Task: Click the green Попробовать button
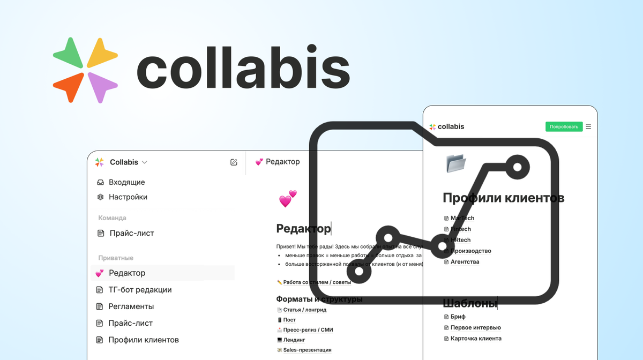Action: click(x=564, y=127)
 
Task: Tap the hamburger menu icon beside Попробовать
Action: click(x=588, y=127)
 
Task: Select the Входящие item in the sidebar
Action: click(x=126, y=182)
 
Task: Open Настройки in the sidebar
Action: click(x=128, y=197)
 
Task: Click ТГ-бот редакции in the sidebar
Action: click(x=140, y=290)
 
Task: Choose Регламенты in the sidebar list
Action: click(x=131, y=306)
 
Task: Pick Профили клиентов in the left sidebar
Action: click(x=143, y=340)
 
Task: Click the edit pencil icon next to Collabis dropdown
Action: click(x=234, y=162)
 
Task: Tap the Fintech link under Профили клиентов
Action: click(x=460, y=229)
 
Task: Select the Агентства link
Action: click(x=465, y=262)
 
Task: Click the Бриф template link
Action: click(x=458, y=317)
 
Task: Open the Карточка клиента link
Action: click(x=476, y=339)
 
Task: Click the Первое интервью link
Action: click(x=475, y=327)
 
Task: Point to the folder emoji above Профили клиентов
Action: click(x=456, y=163)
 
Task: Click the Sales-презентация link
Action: click(x=307, y=350)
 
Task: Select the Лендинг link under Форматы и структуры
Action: click(x=294, y=340)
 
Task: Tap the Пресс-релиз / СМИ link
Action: click(x=308, y=330)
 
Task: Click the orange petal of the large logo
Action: click(x=69, y=86)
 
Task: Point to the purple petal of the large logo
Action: click(x=102, y=86)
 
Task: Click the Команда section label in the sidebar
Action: click(x=112, y=218)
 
